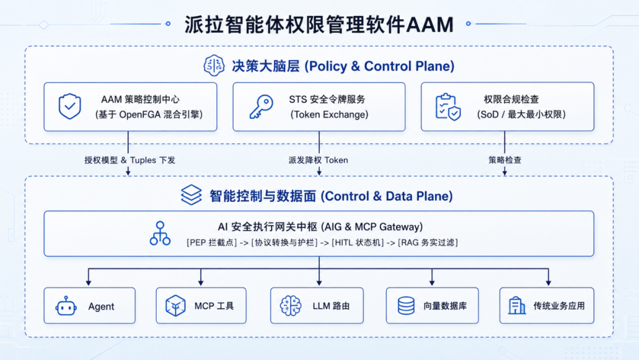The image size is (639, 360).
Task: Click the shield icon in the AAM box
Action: [x=70, y=107]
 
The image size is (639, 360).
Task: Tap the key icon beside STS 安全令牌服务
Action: [x=262, y=107]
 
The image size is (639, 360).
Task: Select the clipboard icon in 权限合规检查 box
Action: [x=448, y=107]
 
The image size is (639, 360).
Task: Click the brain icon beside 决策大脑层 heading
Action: [x=214, y=65]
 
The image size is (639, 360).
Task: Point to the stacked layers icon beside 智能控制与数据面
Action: [x=191, y=195]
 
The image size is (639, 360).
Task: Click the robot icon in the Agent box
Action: [x=66, y=306]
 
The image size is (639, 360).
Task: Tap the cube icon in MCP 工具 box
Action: [x=176, y=306]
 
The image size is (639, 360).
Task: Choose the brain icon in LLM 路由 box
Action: [x=291, y=306]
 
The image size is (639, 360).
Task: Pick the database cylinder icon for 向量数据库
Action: [x=406, y=306]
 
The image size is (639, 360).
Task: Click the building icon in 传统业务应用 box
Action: [x=517, y=306]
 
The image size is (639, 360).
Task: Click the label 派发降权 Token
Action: [x=318, y=160]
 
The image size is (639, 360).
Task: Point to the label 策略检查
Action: [x=505, y=160]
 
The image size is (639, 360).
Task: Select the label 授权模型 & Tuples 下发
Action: [x=130, y=160]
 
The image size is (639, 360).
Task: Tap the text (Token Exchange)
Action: [x=330, y=114]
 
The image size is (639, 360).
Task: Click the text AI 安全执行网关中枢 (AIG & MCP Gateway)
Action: [x=320, y=227]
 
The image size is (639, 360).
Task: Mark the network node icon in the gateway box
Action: [x=160, y=233]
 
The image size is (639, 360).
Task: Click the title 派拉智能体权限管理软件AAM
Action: [x=319, y=24]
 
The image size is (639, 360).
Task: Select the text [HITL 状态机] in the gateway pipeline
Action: [x=358, y=243]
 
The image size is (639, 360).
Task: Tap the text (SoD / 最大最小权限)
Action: [x=521, y=114]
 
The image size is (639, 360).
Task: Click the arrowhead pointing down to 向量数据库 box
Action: [x=432, y=282]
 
